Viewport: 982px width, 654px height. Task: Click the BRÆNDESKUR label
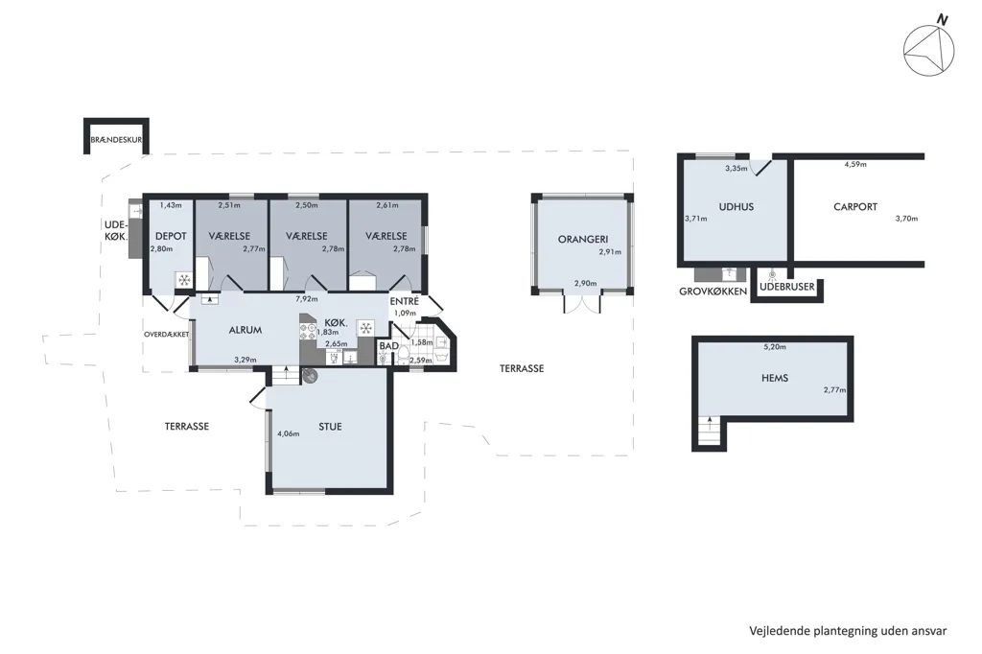coord(116,140)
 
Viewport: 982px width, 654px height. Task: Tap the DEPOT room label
coord(171,236)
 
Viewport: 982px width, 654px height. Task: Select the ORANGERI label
coord(583,240)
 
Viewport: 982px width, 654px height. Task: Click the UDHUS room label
coord(736,207)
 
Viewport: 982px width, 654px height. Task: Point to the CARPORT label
coord(855,207)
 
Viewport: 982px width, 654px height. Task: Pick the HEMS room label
coord(775,378)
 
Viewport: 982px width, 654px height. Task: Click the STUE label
coord(330,427)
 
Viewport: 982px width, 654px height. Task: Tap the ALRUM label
coord(245,330)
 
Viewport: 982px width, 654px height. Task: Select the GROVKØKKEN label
coord(713,292)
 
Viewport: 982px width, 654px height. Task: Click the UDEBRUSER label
coord(787,287)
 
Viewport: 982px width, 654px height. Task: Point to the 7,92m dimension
coord(307,299)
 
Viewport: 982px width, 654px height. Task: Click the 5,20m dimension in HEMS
coord(775,346)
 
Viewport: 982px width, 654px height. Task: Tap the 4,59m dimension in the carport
coord(855,165)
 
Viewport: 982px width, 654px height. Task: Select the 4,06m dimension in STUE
coord(288,433)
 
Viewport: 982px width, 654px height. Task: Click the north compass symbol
coord(928,49)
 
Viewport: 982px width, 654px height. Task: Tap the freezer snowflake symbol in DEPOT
coord(184,280)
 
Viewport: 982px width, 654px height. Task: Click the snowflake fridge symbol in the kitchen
coord(365,328)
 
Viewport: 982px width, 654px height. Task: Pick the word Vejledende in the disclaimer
coord(780,631)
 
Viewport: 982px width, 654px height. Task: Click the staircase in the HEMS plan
coord(710,432)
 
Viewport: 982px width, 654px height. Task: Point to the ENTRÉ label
coord(404,301)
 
